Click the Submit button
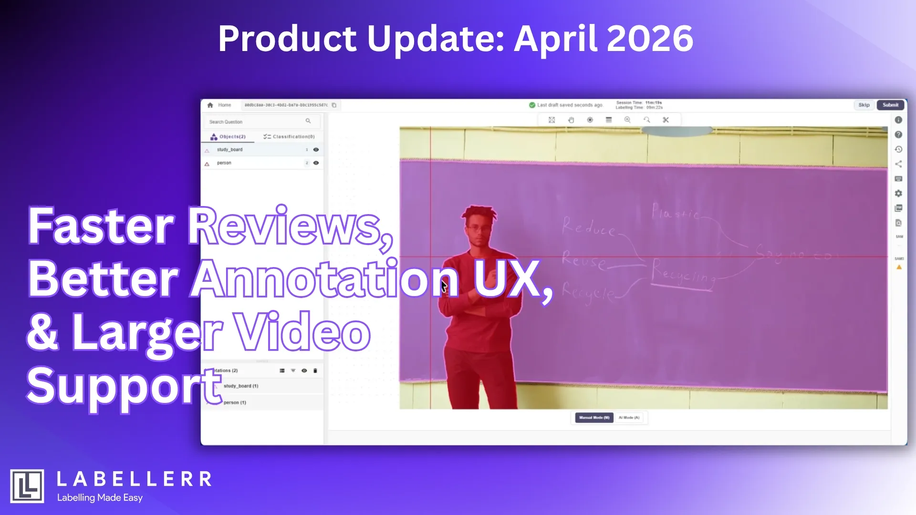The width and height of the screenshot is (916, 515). click(x=890, y=105)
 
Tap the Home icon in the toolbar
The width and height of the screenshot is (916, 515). click(x=210, y=105)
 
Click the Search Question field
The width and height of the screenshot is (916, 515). click(x=258, y=122)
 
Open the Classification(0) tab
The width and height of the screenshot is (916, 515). click(x=289, y=137)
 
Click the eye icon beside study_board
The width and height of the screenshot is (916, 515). click(x=316, y=150)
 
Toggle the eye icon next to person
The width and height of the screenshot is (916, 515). click(x=316, y=163)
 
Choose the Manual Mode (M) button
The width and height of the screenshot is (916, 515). click(x=594, y=418)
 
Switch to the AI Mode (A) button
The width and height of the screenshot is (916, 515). click(x=629, y=418)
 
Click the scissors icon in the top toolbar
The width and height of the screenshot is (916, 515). click(x=666, y=120)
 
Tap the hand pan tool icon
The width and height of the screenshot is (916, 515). click(x=571, y=120)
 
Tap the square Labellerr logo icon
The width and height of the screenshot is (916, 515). click(x=27, y=486)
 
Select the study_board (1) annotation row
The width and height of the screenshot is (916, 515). click(x=241, y=386)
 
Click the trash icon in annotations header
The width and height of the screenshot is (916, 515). click(x=315, y=371)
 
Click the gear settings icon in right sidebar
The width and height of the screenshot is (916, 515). click(x=898, y=194)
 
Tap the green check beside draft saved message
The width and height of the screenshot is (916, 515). click(x=532, y=105)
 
